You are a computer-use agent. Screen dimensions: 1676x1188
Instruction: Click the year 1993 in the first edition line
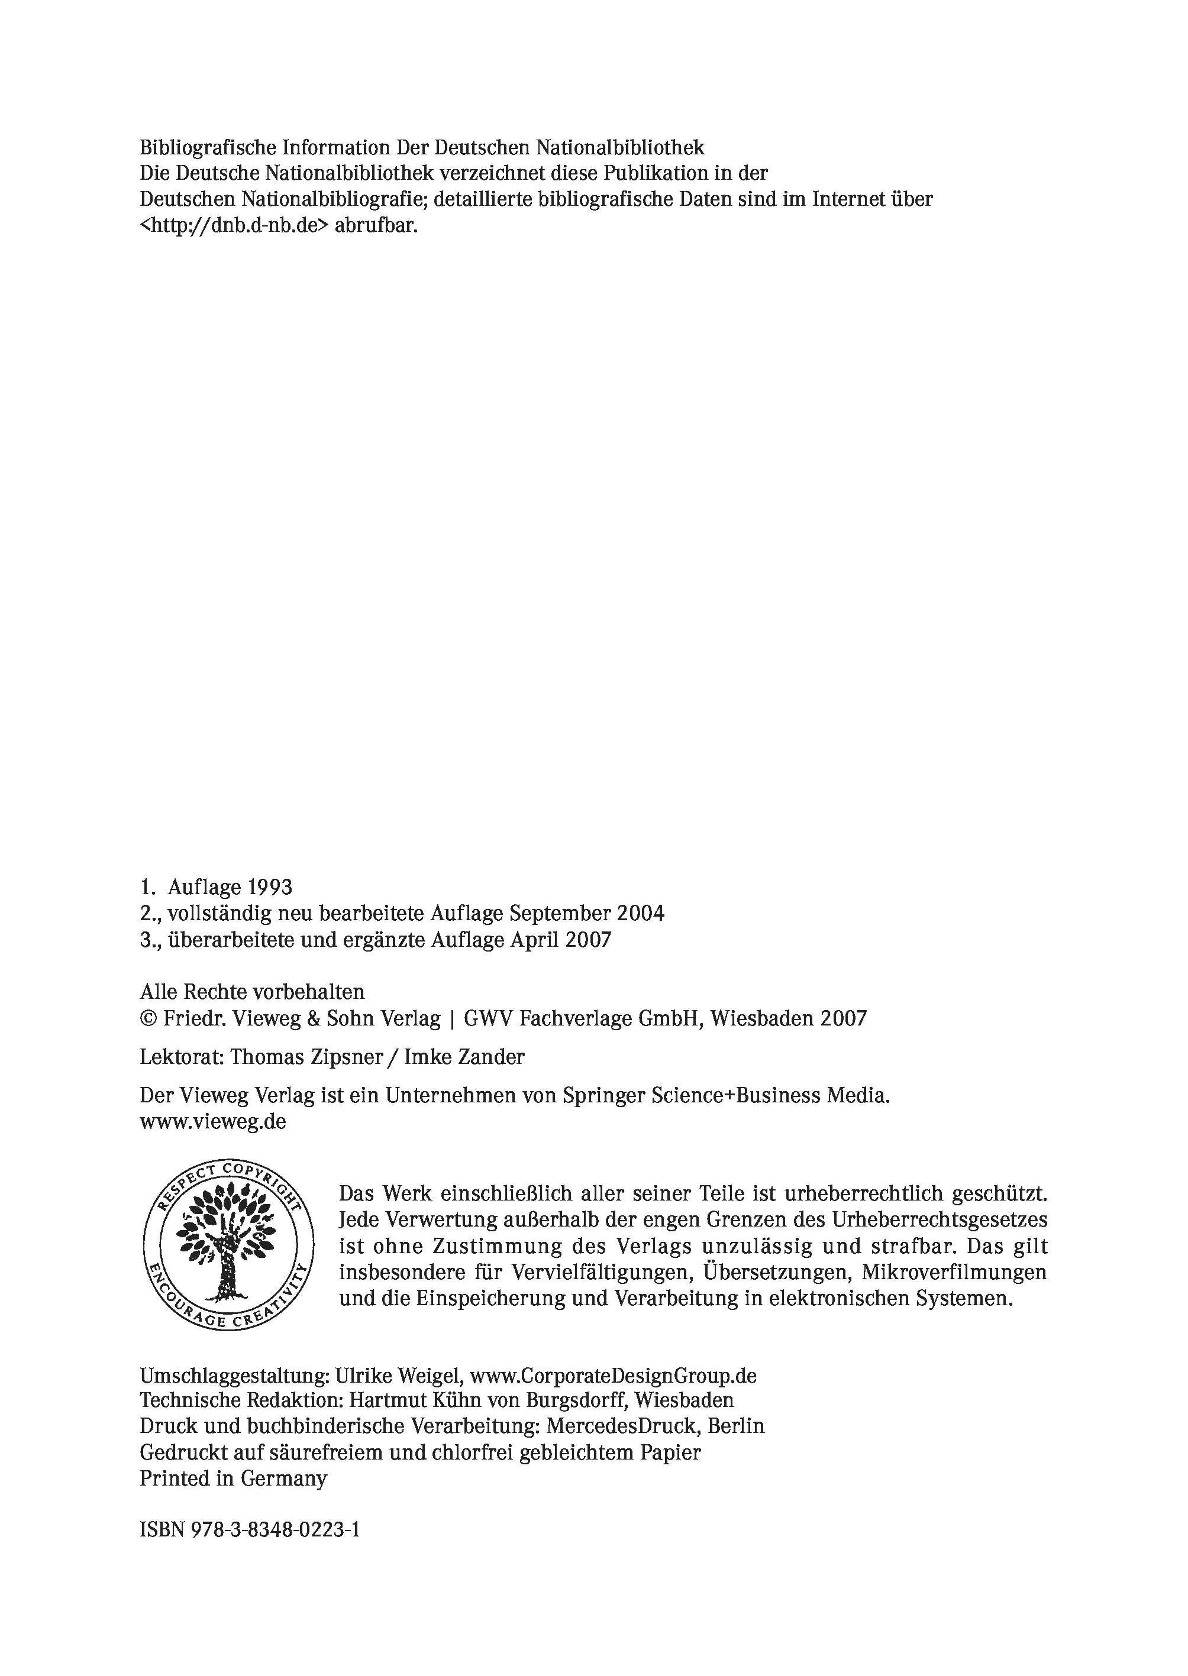pyautogui.click(x=270, y=888)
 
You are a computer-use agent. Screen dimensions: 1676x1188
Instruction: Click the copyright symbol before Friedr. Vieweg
pyautogui.click(x=148, y=1020)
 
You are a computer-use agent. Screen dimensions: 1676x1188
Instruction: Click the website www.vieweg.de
pyautogui.click(x=213, y=1122)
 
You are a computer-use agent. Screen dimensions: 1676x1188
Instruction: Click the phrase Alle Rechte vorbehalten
pyautogui.click(x=253, y=992)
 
